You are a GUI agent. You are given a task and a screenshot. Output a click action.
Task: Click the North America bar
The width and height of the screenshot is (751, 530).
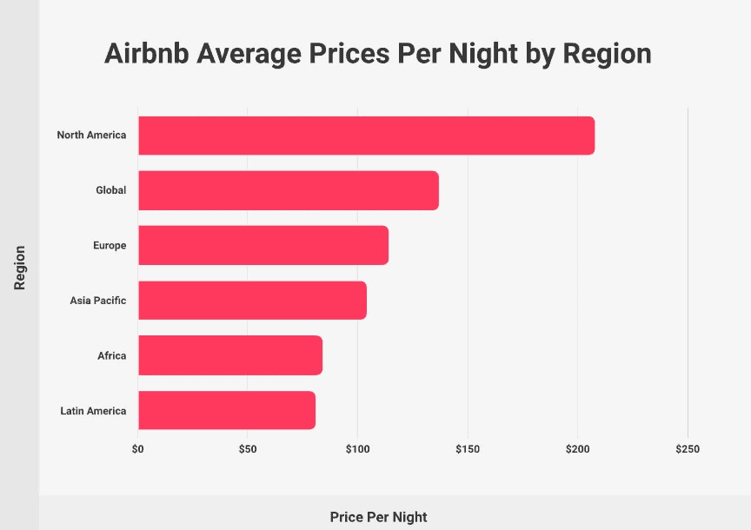click(366, 136)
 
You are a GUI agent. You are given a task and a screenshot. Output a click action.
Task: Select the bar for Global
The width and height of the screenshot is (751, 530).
click(288, 190)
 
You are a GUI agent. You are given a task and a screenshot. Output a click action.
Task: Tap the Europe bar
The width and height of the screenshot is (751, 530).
click(263, 245)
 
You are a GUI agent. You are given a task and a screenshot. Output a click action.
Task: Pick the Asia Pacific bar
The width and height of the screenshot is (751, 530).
click(252, 301)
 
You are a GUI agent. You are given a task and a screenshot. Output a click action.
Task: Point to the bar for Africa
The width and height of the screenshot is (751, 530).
click(229, 355)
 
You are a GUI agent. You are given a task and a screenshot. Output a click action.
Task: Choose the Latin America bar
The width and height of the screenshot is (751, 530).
click(226, 410)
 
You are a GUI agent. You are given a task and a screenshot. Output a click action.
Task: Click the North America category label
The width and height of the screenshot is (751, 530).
click(91, 136)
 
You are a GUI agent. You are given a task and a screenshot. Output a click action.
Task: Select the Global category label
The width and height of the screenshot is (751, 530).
click(110, 190)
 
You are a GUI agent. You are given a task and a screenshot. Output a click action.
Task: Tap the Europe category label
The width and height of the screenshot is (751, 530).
click(110, 246)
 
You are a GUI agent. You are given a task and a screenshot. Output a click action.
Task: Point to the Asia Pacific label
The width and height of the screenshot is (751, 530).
click(98, 301)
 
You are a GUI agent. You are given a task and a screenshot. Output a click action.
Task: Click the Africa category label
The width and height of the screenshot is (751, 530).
click(112, 356)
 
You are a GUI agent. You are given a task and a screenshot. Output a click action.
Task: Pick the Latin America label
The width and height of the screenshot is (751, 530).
click(93, 411)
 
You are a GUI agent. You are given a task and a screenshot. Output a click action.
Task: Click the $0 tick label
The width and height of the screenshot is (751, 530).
click(138, 450)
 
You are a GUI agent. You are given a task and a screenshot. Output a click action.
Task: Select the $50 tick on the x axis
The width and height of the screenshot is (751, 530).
click(247, 450)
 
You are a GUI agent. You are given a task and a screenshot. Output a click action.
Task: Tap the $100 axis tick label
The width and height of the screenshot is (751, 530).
click(357, 450)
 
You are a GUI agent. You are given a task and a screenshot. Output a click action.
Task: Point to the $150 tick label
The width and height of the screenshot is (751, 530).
click(467, 450)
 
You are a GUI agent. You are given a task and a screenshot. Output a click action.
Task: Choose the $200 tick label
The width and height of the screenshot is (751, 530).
click(577, 450)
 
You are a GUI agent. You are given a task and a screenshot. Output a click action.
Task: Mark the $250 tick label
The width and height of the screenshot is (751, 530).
click(687, 450)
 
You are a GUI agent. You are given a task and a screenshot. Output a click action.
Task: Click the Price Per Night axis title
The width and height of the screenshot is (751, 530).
click(378, 517)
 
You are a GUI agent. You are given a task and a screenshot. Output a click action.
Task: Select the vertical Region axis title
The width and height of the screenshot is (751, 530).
click(19, 268)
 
